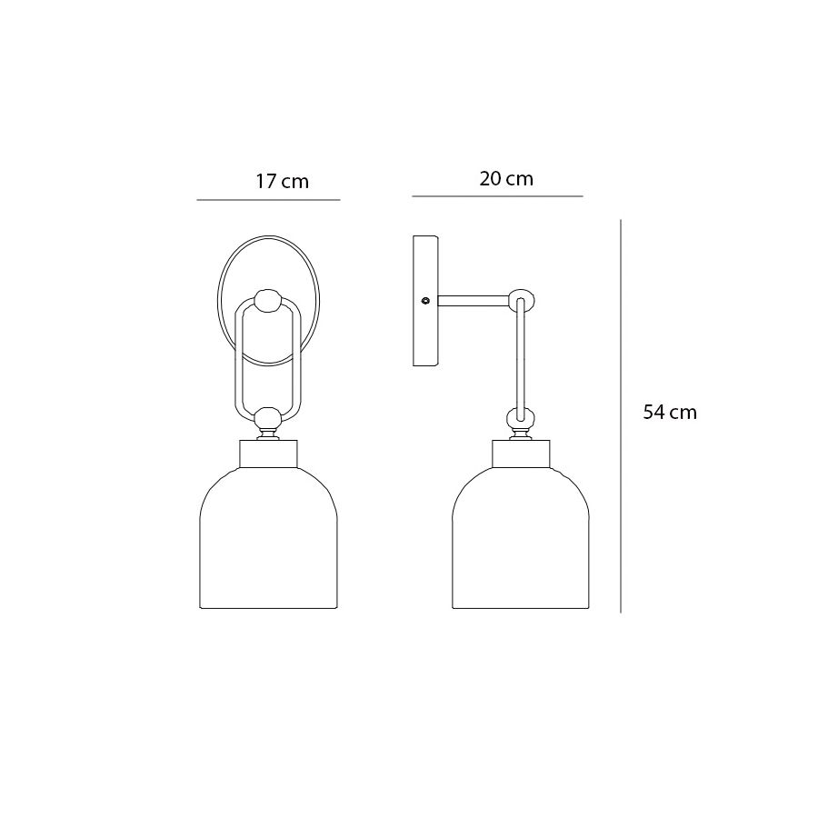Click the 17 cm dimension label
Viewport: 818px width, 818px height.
[282, 182]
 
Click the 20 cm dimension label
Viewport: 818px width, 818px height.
[506, 179]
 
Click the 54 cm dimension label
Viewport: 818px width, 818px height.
[670, 412]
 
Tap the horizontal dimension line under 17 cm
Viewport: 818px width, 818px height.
[268, 200]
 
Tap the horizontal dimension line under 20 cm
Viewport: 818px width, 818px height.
[497, 196]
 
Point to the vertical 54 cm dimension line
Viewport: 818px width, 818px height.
[621, 416]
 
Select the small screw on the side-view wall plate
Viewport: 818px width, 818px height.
[425, 301]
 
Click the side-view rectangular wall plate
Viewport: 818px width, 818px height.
[425, 301]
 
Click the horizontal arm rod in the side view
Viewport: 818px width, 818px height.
[473, 301]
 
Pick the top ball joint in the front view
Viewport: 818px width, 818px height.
[268, 301]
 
